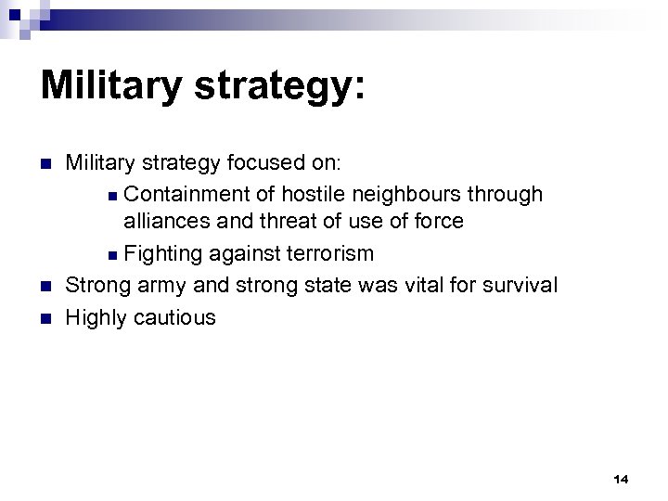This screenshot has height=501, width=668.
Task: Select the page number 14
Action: [621, 480]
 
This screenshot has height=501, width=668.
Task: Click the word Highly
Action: [96, 317]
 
